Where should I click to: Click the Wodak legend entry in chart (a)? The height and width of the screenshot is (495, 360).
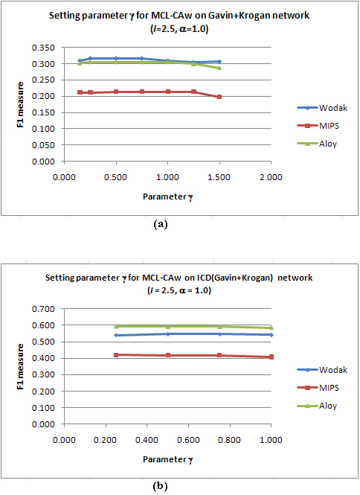(x=322, y=108)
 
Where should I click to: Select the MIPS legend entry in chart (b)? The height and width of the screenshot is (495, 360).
(x=318, y=388)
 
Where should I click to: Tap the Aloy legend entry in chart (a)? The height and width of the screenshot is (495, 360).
(x=317, y=144)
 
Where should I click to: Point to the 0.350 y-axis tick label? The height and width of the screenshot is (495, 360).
(x=43, y=48)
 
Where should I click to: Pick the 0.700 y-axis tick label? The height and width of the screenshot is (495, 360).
(x=43, y=309)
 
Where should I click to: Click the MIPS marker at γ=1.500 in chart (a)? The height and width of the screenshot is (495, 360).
(x=219, y=97)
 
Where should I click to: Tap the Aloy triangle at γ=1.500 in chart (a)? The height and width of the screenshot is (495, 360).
(x=219, y=68)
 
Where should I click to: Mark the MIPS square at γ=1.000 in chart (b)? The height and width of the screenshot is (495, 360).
(x=271, y=357)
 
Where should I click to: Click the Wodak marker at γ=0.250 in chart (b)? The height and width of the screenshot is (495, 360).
(x=116, y=335)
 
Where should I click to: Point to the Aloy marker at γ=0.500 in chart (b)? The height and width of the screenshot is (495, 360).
(x=168, y=326)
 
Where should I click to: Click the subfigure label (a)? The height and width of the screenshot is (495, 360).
(x=160, y=225)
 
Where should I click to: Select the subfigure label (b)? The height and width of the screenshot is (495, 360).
(x=160, y=486)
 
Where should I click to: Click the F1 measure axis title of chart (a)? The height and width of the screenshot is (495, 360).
(x=20, y=104)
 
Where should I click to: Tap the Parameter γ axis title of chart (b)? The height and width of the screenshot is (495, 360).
(x=168, y=460)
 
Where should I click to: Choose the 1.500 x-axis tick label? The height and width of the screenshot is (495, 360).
(x=219, y=177)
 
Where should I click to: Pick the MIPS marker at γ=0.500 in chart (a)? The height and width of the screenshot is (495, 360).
(x=116, y=92)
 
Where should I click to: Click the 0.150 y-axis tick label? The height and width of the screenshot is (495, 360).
(x=43, y=112)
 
